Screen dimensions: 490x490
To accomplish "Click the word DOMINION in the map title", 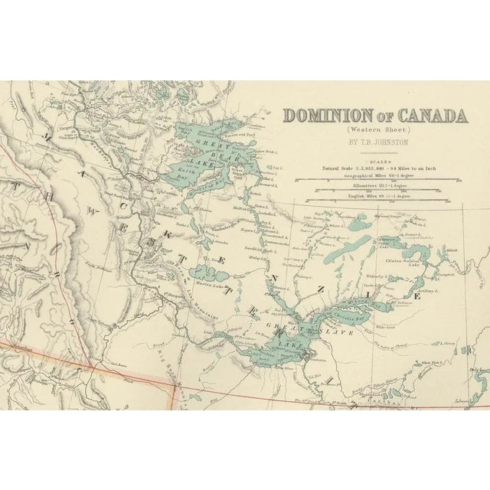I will [326, 117].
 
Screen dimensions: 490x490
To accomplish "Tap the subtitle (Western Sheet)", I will [374, 131].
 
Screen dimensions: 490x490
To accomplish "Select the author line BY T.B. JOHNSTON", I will [374, 142].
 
